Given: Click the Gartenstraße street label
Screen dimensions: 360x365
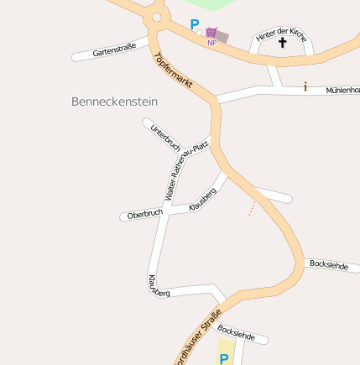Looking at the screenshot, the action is pos(114,51).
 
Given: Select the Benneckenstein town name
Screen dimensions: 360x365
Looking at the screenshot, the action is pos(115,101).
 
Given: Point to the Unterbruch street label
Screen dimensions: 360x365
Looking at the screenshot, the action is pos(164,136).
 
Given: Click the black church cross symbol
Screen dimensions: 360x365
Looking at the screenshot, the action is pos(282,42).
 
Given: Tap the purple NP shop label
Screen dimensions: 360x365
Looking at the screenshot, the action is pos(212,43).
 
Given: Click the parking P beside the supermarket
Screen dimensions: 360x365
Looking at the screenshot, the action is pos(196,25).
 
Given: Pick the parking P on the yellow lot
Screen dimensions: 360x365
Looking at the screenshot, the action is pos(224,358).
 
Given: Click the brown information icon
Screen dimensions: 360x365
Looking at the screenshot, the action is pos(305,86).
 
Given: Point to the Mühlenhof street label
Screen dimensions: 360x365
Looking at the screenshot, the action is pos(342,89).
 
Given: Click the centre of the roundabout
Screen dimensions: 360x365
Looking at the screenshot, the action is pos(154,16).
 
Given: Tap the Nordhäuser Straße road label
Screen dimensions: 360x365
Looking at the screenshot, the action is pos(197,337).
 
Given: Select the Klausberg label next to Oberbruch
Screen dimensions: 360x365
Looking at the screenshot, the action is pos(203,199).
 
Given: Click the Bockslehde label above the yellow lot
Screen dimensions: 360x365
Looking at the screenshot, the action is pos(236,331).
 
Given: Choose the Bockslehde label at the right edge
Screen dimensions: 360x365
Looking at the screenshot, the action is pos(329,264).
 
